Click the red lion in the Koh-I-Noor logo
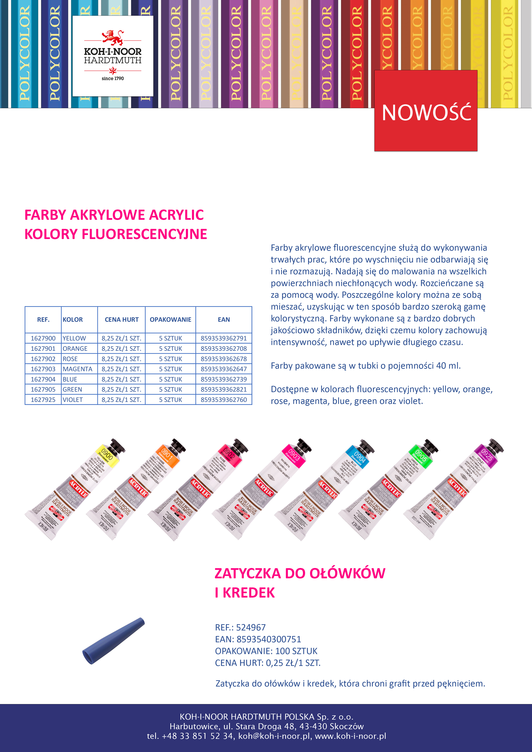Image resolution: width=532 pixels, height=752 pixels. [x=112, y=37]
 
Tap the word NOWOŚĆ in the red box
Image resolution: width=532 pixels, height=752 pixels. [x=426, y=113]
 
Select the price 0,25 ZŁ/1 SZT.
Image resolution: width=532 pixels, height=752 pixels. [x=293, y=663]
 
